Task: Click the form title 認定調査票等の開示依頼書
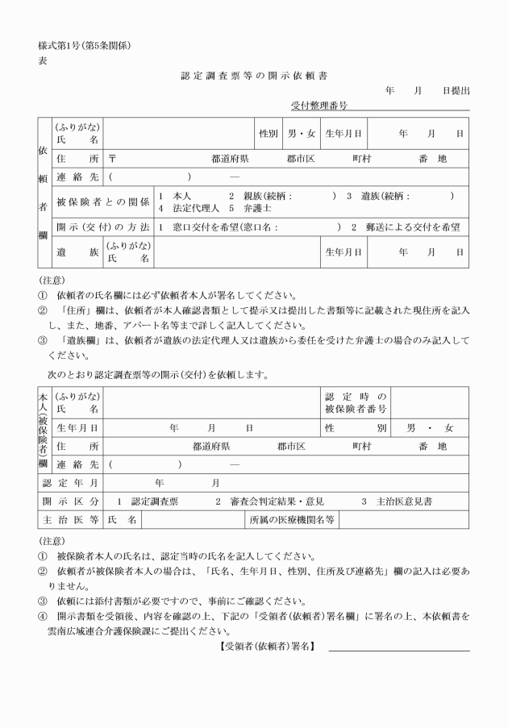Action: point(254,75)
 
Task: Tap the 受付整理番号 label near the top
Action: point(319,106)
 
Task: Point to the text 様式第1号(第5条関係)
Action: point(83,44)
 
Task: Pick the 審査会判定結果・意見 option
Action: point(275,501)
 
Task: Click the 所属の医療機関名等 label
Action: point(292,520)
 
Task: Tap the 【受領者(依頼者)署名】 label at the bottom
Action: point(267,647)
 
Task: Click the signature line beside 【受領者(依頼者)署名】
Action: point(398,650)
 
